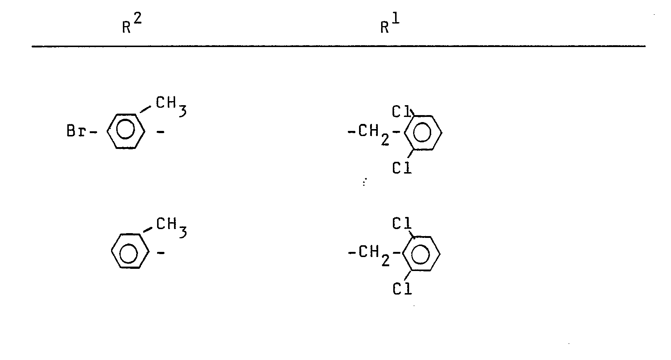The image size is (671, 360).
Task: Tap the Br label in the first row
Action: pos(76,131)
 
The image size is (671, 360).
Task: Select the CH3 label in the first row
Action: pos(171,106)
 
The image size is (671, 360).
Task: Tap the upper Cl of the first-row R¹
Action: pos(401,111)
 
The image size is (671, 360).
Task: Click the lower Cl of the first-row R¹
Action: pos(402,168)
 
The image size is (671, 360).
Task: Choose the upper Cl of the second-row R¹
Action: pos(402,224)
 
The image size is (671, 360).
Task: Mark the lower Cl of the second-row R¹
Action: pos(402,289)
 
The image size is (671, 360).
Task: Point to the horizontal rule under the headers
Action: pos(338,46)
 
